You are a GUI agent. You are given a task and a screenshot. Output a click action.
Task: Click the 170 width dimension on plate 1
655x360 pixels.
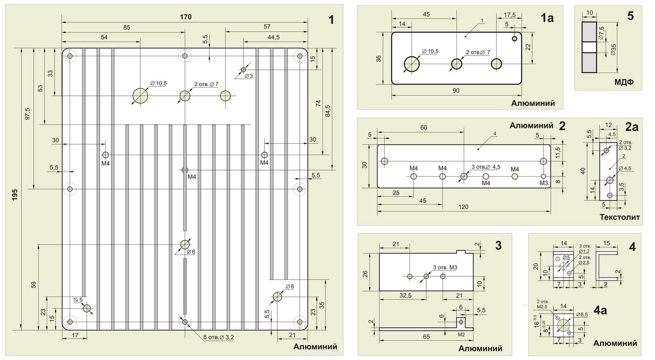[x=186, y=17]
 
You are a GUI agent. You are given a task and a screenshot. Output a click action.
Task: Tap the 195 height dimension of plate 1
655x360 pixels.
[x=15, y=195]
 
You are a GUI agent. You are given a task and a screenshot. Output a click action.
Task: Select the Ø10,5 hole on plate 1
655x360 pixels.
[x=140, y=96]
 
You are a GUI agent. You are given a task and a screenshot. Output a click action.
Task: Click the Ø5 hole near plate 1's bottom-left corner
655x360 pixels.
[x=87, y=308]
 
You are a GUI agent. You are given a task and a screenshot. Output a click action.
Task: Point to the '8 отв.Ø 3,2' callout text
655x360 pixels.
[x=219, y=337]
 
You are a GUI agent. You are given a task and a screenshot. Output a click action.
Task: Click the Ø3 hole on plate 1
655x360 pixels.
[x=243, y=70]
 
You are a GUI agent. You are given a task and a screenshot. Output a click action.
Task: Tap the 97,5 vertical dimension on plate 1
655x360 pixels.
[x=28, y=114]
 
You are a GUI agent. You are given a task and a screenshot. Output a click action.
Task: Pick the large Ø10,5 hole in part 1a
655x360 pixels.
[x=412, y=64]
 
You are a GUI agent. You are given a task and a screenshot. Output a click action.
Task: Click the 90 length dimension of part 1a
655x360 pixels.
[x=456, y=91]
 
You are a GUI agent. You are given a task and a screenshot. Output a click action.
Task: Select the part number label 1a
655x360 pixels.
[x=547, y=18]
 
